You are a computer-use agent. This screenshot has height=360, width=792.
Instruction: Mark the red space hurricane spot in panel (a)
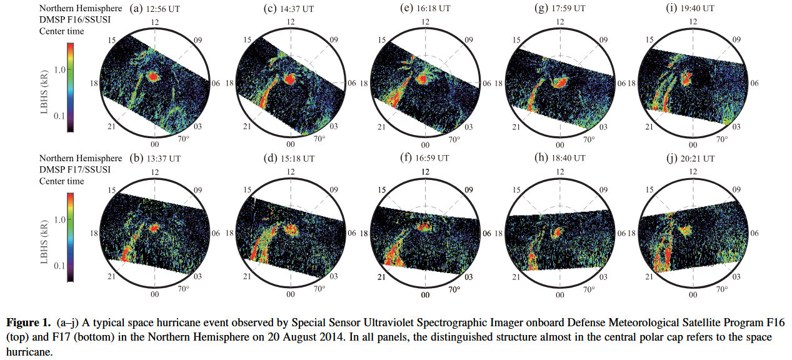tap(153, 77)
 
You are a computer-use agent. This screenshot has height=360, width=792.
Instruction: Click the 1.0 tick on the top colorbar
tap(59, 69)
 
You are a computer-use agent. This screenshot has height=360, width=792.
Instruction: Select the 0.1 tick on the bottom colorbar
tap(59, 266)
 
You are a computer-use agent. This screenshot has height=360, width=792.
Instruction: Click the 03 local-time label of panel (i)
tap(736, 127)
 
